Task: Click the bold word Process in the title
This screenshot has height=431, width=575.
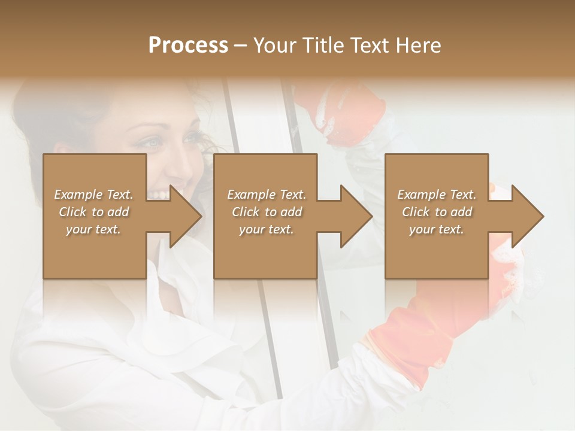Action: tap(188, 45)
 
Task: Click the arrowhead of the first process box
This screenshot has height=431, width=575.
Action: tap(185, 216)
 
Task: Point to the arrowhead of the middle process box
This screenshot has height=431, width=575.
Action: tap(356, 216)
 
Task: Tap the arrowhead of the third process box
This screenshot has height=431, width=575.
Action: tap(527, 216)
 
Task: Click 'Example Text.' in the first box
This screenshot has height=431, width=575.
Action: tap(93, 195)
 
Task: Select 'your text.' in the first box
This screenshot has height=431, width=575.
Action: tap(93, 229)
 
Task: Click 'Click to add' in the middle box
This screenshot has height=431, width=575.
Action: tap(267, 212)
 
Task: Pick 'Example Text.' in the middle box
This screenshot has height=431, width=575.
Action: tap(267, 195)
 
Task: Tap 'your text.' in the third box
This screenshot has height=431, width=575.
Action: tap(437, 229)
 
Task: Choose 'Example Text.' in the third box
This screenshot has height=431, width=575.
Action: tap(437, 195)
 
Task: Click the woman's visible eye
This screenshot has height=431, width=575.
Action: tap(153, 143)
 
